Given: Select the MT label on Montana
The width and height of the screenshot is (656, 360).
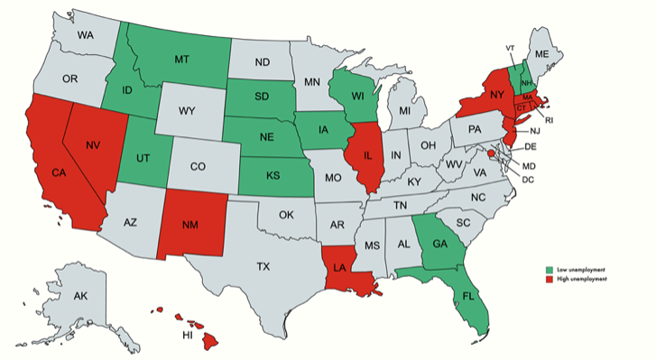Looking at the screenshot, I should (181, 58).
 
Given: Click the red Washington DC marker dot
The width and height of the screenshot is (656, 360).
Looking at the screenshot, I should (491, 154).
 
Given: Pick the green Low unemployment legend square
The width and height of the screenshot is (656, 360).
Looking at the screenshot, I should (550, 270).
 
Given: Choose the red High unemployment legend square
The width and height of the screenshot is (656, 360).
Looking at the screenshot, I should (550, 280).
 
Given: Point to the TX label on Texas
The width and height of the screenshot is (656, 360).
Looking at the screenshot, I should (263, 266).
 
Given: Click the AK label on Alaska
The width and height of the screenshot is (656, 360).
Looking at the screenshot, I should (80, 296).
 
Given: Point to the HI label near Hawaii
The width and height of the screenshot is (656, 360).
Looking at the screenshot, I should (189, 334).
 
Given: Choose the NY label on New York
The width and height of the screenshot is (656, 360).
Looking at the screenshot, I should (495, 95).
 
